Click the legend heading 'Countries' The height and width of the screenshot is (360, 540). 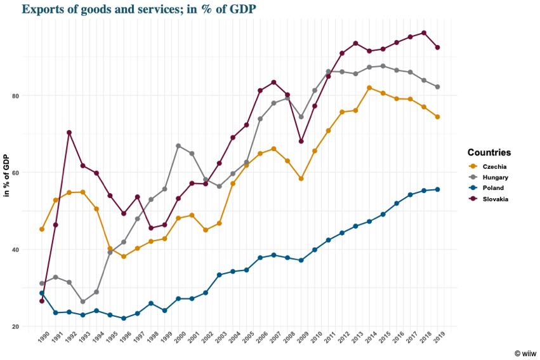(x=489, y=152)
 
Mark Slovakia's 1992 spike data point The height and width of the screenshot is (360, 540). (x=69, y=133)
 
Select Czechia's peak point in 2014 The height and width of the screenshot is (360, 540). (x=369, y=88)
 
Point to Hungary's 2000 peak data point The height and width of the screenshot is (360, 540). (x=178, y=146)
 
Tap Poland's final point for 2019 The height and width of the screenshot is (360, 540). (x=437, y=189)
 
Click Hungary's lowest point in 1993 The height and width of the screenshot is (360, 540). (x=82, y=302)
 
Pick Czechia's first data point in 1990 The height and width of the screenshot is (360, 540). (x=42, y=229)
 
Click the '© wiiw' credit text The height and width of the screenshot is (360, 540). (x=525, y=352)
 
